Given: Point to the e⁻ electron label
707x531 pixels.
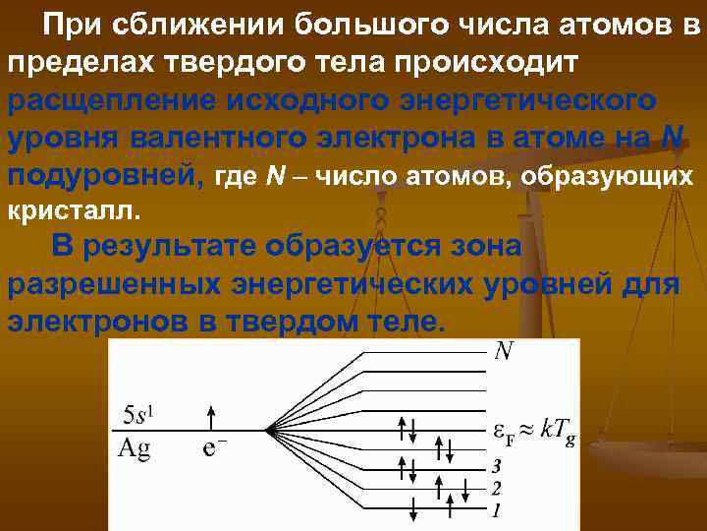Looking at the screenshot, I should (216, 448).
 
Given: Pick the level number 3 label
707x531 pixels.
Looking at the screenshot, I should (497, 465).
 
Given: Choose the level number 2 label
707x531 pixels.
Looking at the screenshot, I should (497, 488).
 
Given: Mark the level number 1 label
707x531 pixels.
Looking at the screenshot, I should (497, 510).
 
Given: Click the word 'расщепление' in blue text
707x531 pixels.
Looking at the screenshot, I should (109, 101).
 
